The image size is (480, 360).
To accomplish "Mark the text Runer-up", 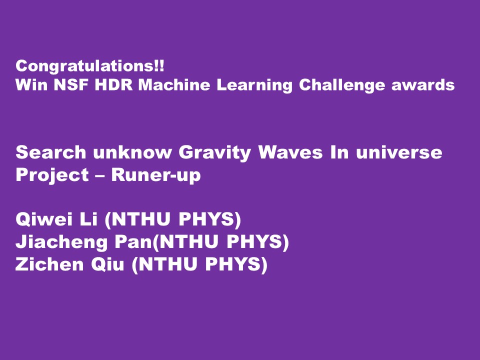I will tap(155, 176).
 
